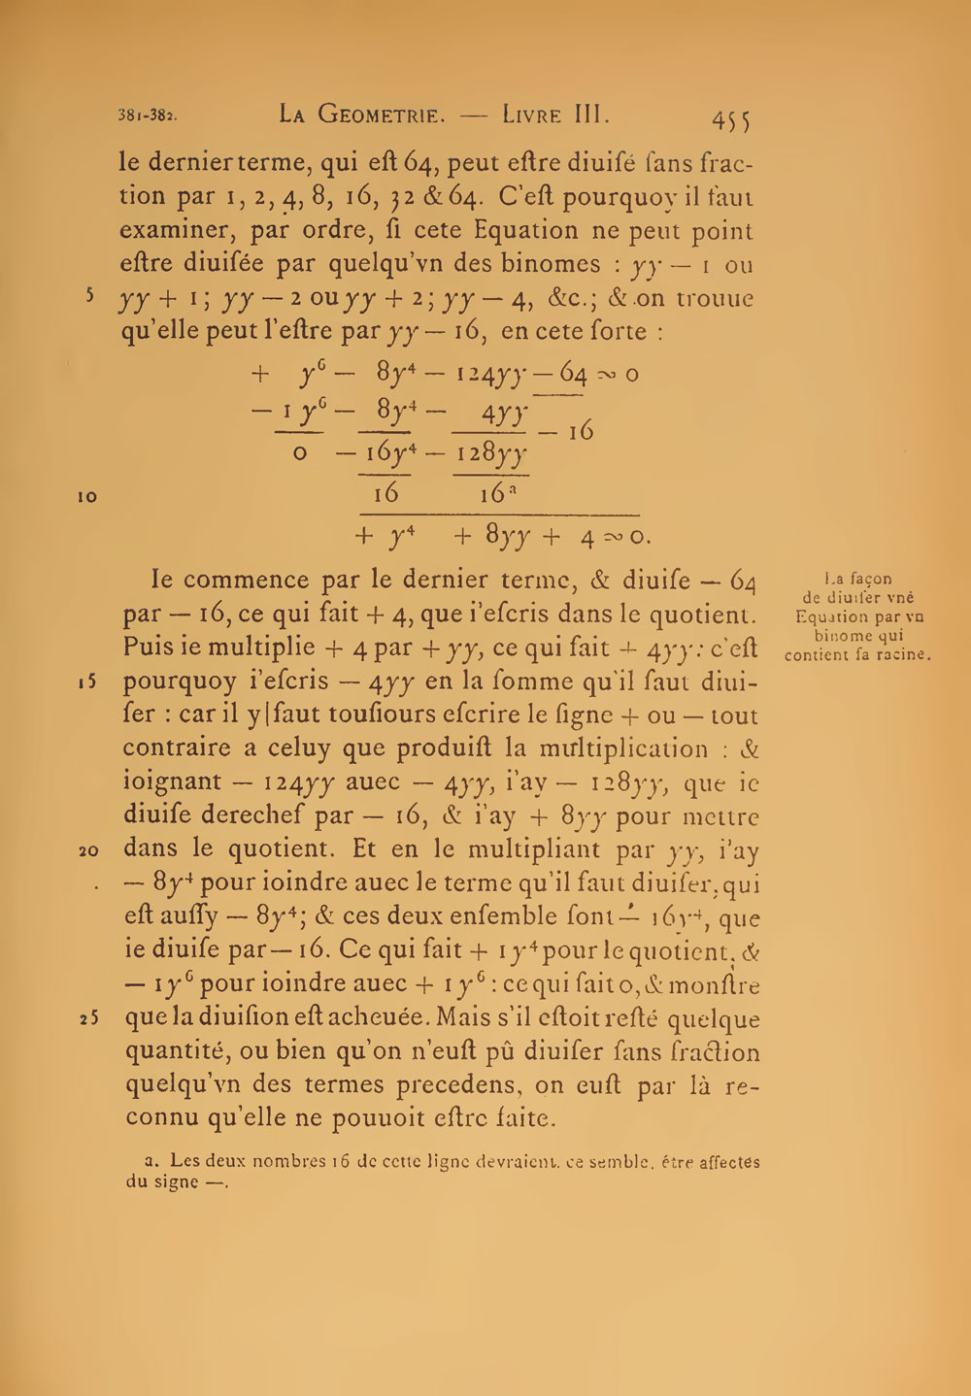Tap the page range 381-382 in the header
point(148,115)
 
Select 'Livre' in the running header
point(532,115)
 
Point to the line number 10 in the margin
point(87,496)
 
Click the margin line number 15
point(87,681)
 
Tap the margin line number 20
point(87,850)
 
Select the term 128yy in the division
point(492,452)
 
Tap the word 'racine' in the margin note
point(900,654)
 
